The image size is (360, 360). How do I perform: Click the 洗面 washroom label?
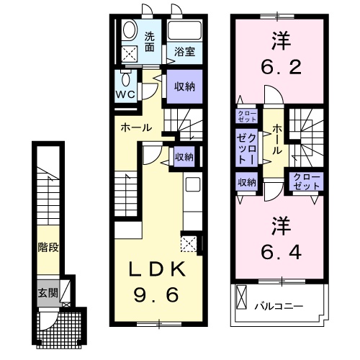(x=149, y=42)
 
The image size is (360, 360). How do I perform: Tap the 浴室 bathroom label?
(x=184, y=52)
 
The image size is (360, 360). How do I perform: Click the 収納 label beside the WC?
(x=184, y=86)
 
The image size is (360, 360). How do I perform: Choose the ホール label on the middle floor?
(x=136, y=127)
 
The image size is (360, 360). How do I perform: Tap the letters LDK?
(x=158, y=269)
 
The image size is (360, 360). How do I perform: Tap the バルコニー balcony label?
(x=278, y=306)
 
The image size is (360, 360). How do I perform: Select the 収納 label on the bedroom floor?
(x=246, y=182)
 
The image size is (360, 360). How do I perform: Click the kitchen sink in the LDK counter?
(x=193, y=185)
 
